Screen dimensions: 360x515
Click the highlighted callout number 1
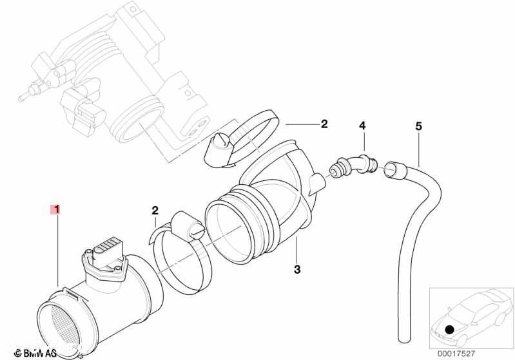click(x=57, y=209)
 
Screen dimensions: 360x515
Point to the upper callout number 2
click(x=324, y=123)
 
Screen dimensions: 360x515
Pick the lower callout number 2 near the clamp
click(x=155, y=210)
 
